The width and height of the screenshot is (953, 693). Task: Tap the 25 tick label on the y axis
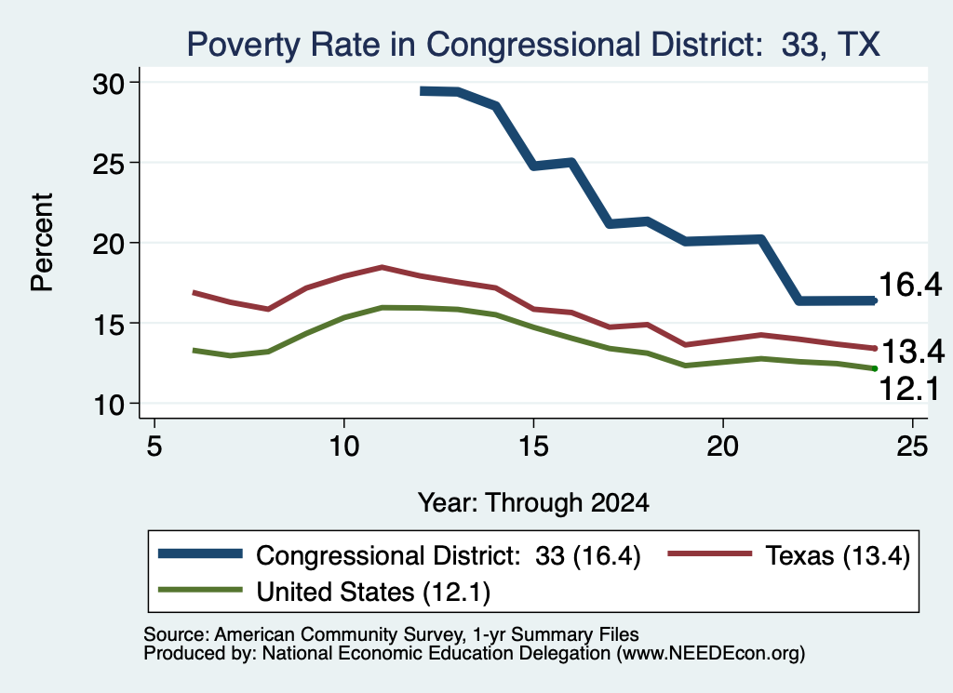(x=108, y=164)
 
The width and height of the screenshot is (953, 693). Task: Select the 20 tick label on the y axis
(x=108, y=244)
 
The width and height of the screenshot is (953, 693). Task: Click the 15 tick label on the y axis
(x=108, y=324)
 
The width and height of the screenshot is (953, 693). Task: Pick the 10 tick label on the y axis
(x=108, y=405)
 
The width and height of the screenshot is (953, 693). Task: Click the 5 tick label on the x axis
(x=154, y=446)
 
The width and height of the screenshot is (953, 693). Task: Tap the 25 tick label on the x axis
(x=912, y=446)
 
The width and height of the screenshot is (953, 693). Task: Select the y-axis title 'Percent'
(x=42, y=243)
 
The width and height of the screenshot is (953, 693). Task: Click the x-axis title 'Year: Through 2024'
(x=533, y=503)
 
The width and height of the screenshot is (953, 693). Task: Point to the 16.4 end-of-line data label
(x=910, y=285)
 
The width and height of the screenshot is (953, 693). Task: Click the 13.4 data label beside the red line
(x=912, y=352)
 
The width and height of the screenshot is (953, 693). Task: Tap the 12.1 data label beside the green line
(x=910, y=389)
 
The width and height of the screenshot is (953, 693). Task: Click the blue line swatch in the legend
(x=200, y=553)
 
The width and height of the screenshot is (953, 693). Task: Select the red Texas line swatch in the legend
(x=710, y=553)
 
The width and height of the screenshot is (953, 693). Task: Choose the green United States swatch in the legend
(x=200, y=590)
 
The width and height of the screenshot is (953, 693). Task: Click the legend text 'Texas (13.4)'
(x=838, y=555)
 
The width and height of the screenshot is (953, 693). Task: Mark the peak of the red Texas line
(x=382, y=267)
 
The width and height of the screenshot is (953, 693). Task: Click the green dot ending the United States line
(x=875, y=368)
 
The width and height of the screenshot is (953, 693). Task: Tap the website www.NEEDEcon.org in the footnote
(x=709, y=654)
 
